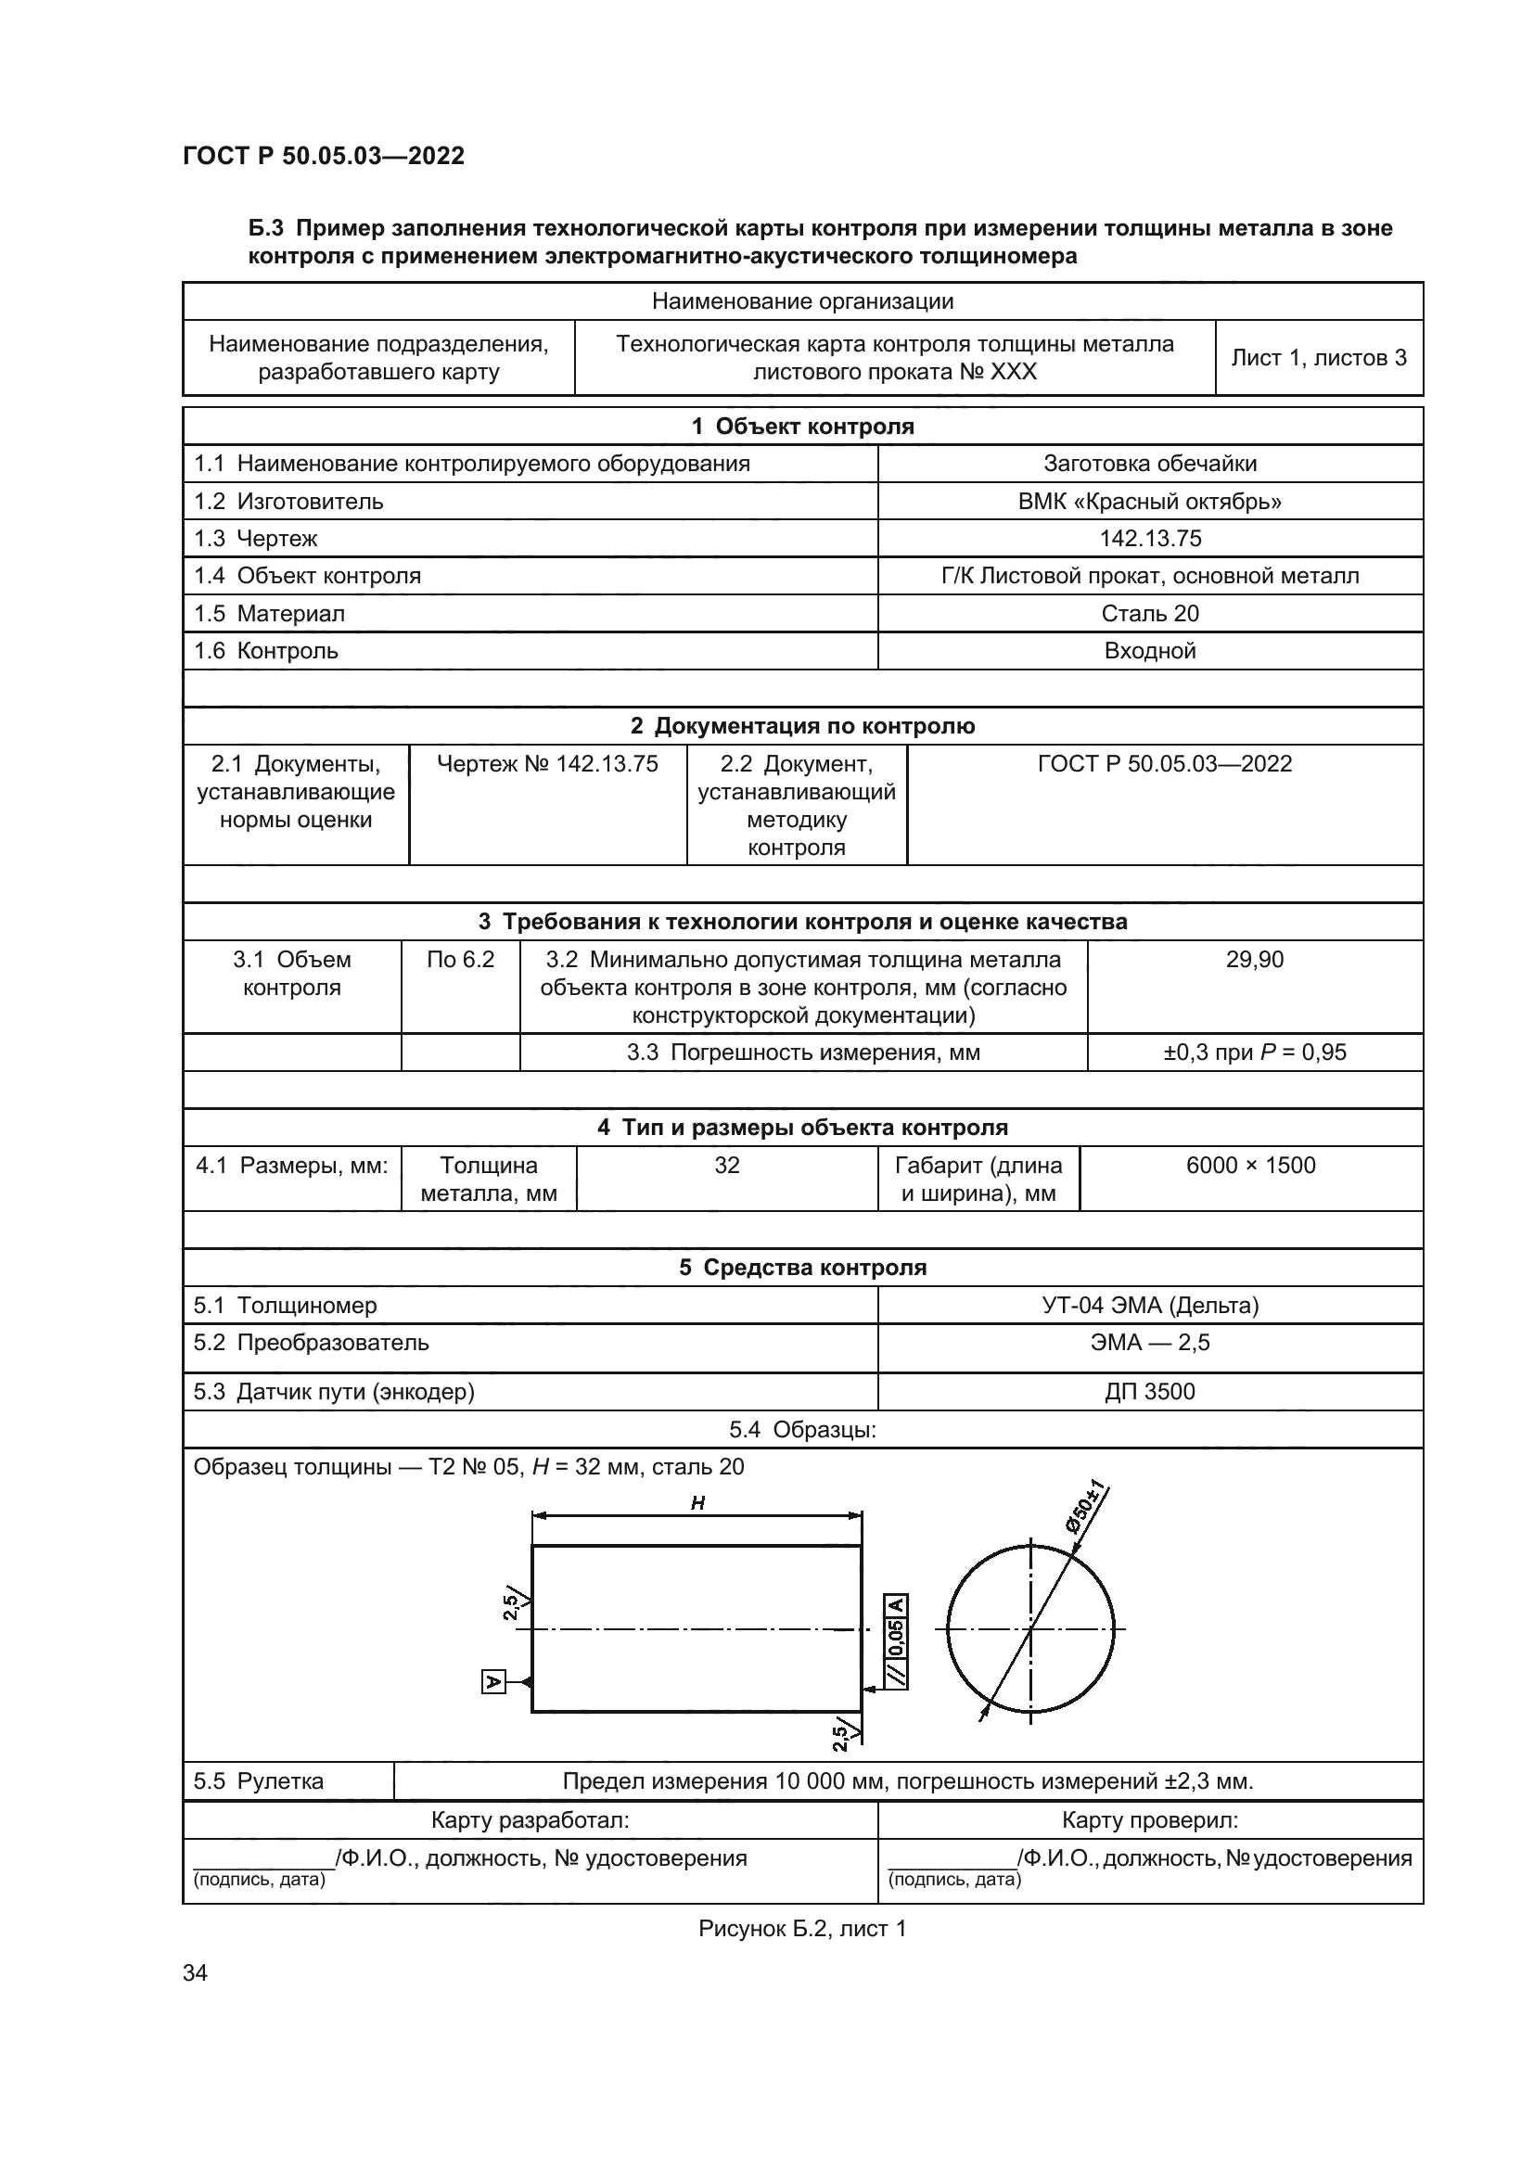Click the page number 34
click(x=195, y=1972)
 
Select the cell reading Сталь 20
click(x=1149, y=613)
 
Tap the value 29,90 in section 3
click(x=1255, y=960)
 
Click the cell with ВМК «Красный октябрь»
click(x=1149, y=501)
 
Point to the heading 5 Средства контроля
click(x=802, y=1268)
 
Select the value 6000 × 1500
click(x=1250, y=1165)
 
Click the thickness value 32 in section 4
click(x=726, y=1165)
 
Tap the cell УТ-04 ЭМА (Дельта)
click(x=1149, y=1305)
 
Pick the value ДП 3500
click(x=1149, y=1392)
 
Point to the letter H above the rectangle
click(x=697, y=1503)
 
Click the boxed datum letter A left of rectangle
click(x=493, y=1681)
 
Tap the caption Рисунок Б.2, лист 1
click(x=802, y=1929)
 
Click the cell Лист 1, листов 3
click(x=1319, y=358)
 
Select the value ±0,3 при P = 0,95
click(x=1255, y=1053)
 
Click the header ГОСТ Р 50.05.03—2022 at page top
click(x=323, y=156)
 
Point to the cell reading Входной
click(x=1149, y=651)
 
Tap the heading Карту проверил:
click(x=1149, y=1820)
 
